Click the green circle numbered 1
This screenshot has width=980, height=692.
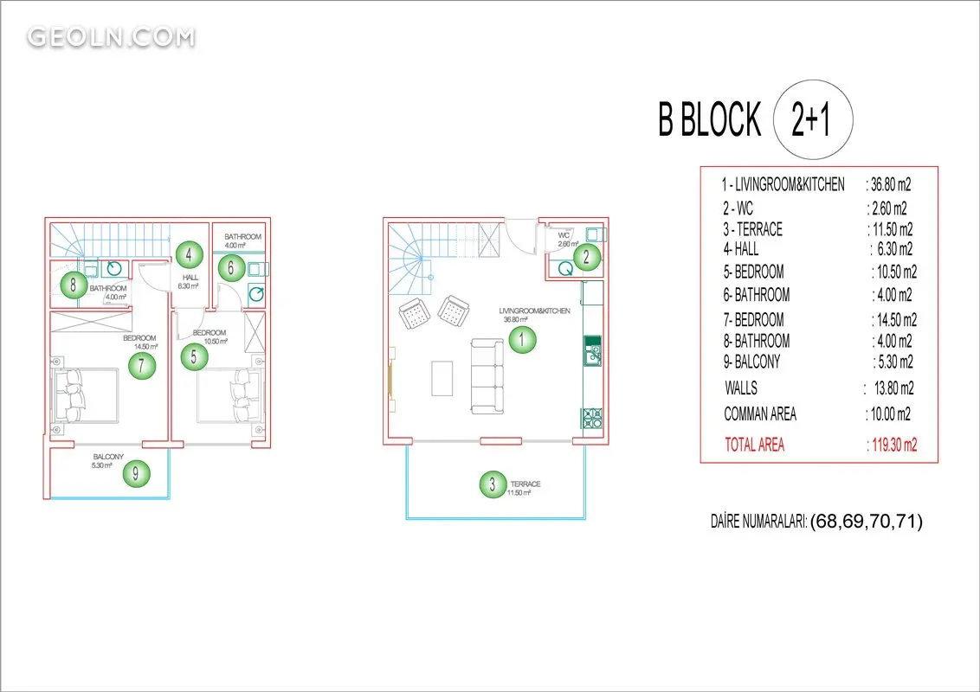tap(522, 341)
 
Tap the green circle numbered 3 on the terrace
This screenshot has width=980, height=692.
tap(493, 484)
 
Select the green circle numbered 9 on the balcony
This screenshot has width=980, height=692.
tap(136, 473)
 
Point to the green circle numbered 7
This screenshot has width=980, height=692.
tap(142, 365)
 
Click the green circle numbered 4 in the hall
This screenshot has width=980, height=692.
tap(189, 254)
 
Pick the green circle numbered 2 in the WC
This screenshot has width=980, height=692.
tap(586, 256)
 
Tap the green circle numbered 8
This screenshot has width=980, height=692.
tap(74, 285)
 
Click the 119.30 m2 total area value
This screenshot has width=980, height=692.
tap(893, 445)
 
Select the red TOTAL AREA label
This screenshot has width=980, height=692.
tap(754, 445)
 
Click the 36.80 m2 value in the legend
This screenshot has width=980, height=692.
tap(891, 184)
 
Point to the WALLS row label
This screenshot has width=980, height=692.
tap(741, 388)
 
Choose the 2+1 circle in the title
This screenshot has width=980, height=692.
tap(813, 119)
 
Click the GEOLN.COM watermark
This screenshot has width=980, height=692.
tap(111, 37)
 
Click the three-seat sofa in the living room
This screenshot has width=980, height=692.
tap(487, 376)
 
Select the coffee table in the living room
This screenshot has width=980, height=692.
tap(442, 379)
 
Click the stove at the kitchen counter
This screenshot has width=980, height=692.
tap(592, 418)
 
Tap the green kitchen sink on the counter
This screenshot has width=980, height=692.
tap(592, 351)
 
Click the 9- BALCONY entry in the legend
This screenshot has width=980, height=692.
tap(751, 362)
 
